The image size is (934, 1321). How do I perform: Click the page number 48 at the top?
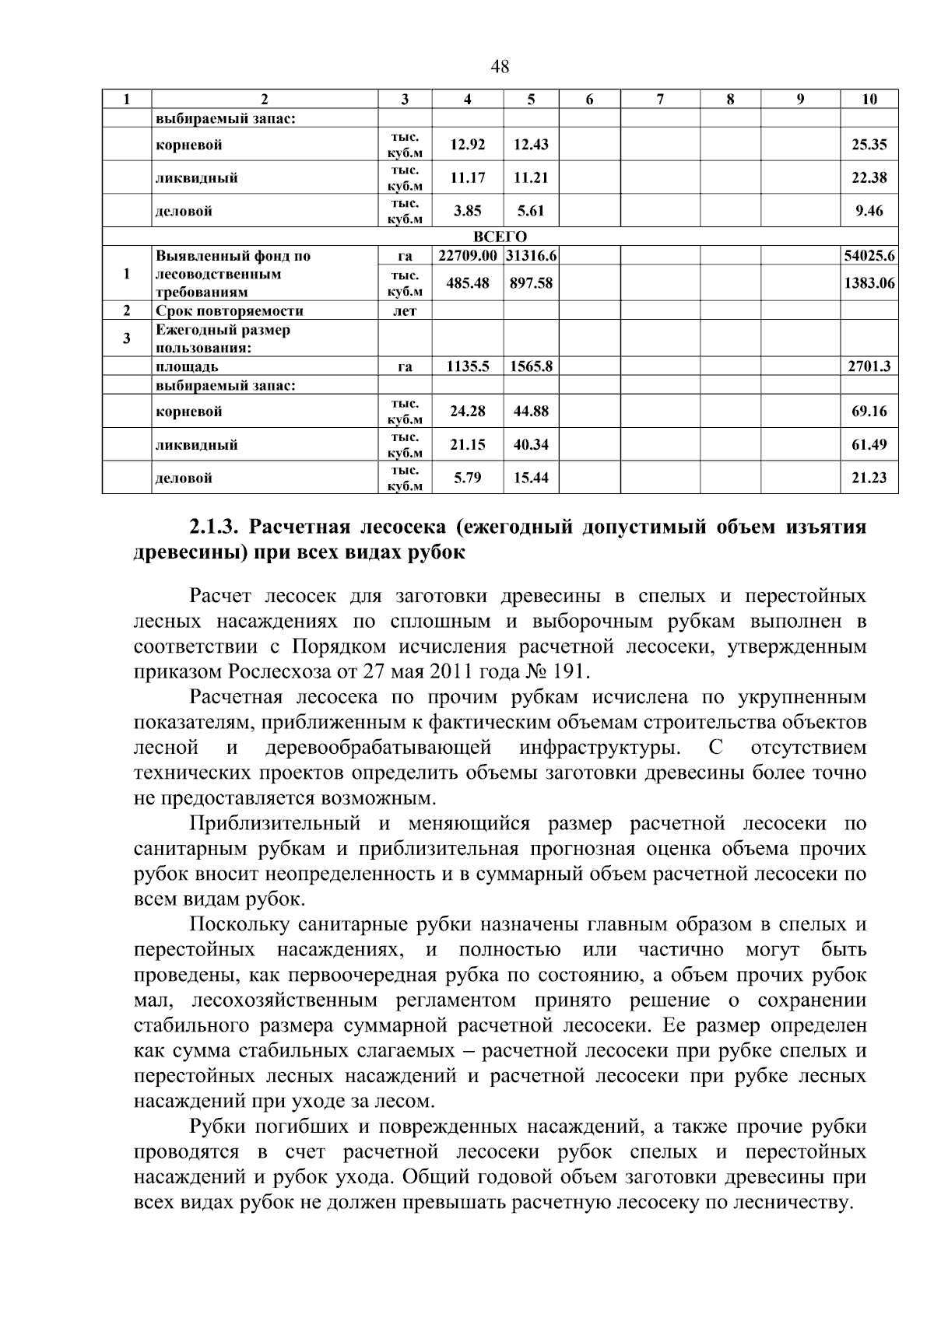click(500, 67)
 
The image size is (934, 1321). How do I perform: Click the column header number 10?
click(869, 99)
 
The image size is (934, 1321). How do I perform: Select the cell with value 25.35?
click(869, 145)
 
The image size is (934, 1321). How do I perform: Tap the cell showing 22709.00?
click(467, 256)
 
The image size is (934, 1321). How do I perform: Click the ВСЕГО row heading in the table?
click(500, 237)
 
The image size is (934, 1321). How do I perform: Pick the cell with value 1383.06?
click(869, 283)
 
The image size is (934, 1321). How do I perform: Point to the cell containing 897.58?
click(531, 283)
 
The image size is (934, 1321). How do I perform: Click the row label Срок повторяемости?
click(229, 311)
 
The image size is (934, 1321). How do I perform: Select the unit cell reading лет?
click(405, 311)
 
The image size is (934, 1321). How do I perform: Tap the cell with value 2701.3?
click(869, 366)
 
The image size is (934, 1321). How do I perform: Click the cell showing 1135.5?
click(467, 366)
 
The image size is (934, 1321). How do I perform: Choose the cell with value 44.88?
click(531, 412)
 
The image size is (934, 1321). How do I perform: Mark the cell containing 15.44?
click(531, 478)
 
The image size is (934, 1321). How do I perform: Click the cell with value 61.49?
click(869, 445)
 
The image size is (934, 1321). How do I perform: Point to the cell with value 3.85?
click(467, 211)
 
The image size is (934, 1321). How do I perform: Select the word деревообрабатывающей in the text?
click(378, 748)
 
